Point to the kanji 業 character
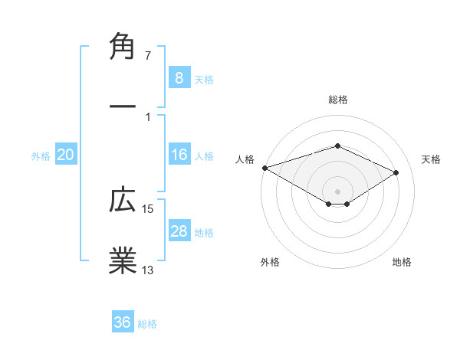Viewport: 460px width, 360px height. click(x=123, y=260)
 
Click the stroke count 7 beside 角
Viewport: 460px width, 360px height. click(x=149, y=56)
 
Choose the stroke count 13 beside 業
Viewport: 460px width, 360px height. click(x=149, y=270)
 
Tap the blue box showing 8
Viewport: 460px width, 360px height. click(x=179, y=77)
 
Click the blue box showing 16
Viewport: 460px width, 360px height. click(x=179, y=155)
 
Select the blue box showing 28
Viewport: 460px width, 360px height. click(x=179, y=231)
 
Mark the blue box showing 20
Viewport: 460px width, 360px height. click(x=66, y=155)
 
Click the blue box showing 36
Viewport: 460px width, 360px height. click(x=122, y=322)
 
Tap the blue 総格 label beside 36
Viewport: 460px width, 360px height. click(x=147, y=324)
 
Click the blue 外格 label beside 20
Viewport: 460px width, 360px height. click(x=41, y=156)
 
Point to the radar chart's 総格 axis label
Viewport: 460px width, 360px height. click(x=337, y=100)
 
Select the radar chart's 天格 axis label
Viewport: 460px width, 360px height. click(x=432, y=159)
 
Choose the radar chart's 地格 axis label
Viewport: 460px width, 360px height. click(x=402, y=262)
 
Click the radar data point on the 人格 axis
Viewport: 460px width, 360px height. click(x=264, y=168)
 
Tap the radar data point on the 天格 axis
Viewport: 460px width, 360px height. click(x=396, y=173)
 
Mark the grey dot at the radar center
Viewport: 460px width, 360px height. click(x=337, y=191)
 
